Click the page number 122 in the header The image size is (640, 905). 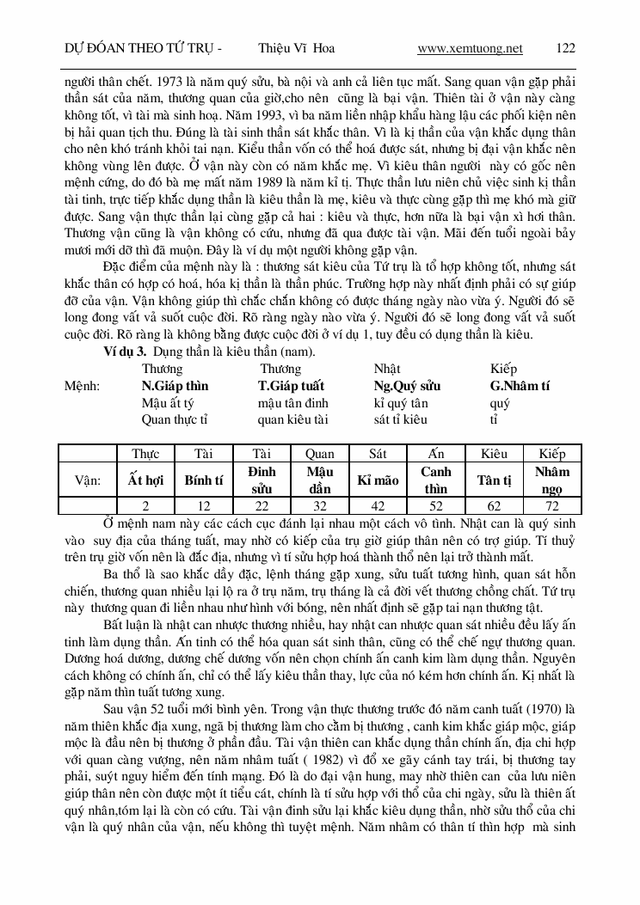pos(565,48)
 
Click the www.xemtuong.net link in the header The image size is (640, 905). pos(470,48)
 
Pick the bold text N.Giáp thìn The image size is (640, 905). pos(175,386)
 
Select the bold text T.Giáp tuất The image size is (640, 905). pos(291,386)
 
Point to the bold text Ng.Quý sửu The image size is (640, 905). pos(407,386)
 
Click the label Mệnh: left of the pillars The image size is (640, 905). pos(82,386)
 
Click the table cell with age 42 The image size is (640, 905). pos(377,507)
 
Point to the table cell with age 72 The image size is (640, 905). pos(551,507)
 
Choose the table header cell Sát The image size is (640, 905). pos(377,454)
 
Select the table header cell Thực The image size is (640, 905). pos(145,454)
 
